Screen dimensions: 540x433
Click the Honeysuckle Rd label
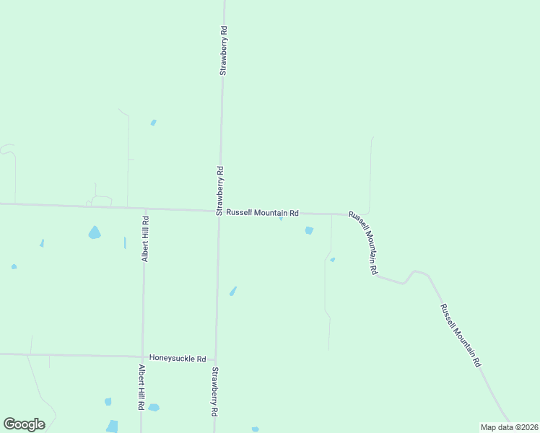pyautogui.click(x=178, y=358)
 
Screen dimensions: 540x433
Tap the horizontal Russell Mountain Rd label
pyautogui.click(x=262, y=213)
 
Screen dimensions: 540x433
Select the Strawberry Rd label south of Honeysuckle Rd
pyautogui.click(x=214, y=392)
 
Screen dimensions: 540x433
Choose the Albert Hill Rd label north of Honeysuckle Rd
pyautogui.click(x=145, y=239)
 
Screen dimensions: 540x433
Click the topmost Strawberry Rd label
pyautogui.click(x=224, y=51)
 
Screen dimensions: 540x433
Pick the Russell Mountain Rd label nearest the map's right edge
pyautogui.click(x=461, y=336)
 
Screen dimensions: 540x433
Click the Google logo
pyautogui.click(x=24, y=424)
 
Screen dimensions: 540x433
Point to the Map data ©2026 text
pyautogui.click(x=509, y=427)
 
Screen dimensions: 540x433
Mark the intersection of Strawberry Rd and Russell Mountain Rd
pyautogui.click(x=219, y=211)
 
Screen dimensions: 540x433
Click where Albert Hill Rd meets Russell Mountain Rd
pyautogui.click(x=146, y=209)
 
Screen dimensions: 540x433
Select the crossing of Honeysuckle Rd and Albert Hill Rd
pyautogui.click(x=143, y=356)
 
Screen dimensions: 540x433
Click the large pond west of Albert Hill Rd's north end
pyautogui.click(x=95, y=232)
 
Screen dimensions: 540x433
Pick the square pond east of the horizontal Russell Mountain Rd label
pyautogui.click(x=309, y=230)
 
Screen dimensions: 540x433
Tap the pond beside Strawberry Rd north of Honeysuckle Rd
pyautogui.click(x=232, y=291)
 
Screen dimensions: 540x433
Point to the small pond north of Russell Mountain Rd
pyautogui.click(x=153, y=123)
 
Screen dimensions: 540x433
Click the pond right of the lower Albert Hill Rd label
pyautogui.click(x=153, y=407)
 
